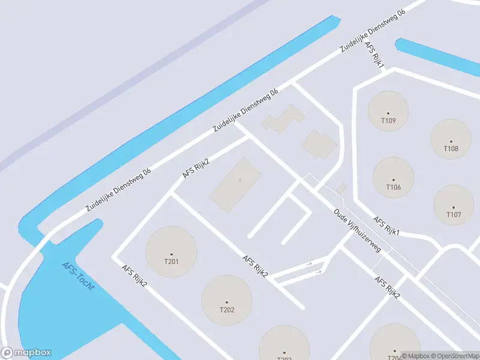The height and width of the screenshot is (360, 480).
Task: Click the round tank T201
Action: [x=171, y=252]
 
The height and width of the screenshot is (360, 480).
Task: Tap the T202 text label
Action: [x=226, y=310]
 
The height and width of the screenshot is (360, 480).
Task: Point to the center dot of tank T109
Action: [x=388, y=113]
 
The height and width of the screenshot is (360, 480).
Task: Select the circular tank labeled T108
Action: [x=451, y=139]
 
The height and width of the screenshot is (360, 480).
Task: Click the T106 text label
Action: [x=394, y=187]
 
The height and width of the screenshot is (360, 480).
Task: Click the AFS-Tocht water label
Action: [x=78, y=277]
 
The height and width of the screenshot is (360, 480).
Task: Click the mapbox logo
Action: [x=26, y=353]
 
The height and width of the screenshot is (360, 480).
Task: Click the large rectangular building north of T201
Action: [x=236, y=185]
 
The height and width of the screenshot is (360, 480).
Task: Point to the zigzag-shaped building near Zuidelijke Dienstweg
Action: [x=282, y=119]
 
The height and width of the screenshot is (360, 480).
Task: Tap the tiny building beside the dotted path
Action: [x=341, y=189]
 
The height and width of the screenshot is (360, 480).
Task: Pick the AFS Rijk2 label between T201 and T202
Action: [x=254, y=266]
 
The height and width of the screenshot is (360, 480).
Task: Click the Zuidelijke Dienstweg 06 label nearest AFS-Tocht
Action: [x=118, y=189]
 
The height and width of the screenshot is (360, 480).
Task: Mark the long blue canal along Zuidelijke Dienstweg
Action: [x=180, y=120]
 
